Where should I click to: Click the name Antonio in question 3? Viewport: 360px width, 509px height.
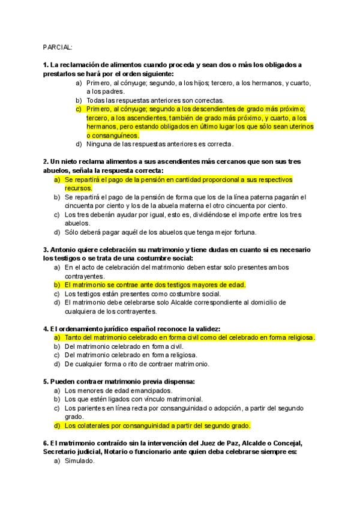[x=65, y=250]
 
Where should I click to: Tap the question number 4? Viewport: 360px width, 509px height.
[x=46, y=329]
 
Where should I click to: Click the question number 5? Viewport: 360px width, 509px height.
[x=46, y=381]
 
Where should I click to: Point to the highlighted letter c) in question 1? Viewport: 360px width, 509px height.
[x=79, y=109]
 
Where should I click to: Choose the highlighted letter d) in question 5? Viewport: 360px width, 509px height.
[x=57, y=426]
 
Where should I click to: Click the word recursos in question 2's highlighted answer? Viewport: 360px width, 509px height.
[x=79, y=188]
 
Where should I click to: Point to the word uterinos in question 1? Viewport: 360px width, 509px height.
[x=300, y=127]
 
